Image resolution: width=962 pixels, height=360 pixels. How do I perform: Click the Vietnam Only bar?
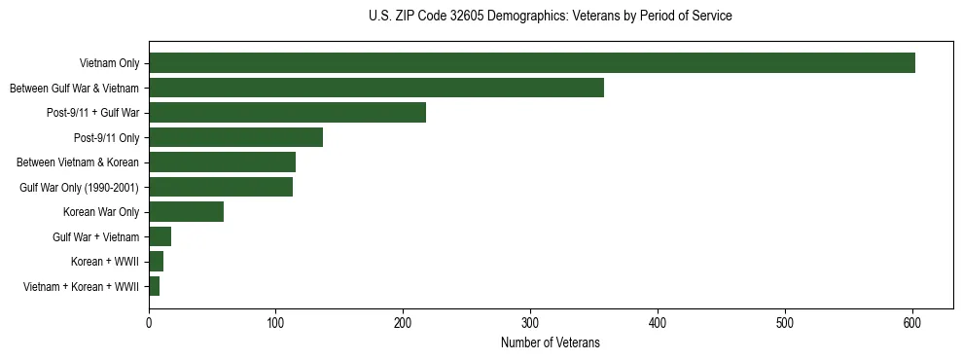[x=532, y=63]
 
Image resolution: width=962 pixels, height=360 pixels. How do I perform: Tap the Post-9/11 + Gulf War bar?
[x=287, y=113]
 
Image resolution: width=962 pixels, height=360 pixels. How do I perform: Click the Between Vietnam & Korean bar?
[x=222, y=162]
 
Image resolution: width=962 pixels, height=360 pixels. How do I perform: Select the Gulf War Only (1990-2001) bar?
[x=221, y=187]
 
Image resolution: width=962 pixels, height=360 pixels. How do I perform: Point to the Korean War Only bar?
[x=186, y=212]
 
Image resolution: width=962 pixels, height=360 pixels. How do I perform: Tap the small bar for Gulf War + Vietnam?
[x=160, y=236]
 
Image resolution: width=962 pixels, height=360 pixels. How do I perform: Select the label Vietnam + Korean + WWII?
[x=81, y=287]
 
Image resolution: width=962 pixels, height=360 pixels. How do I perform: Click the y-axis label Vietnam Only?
[x=109, y=63]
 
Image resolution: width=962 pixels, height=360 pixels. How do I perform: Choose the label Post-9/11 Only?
[x=107, y=137]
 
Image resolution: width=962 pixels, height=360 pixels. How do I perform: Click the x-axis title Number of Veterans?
[x=550, y=342]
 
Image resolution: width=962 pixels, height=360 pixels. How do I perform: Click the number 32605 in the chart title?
[x=462, y=17]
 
